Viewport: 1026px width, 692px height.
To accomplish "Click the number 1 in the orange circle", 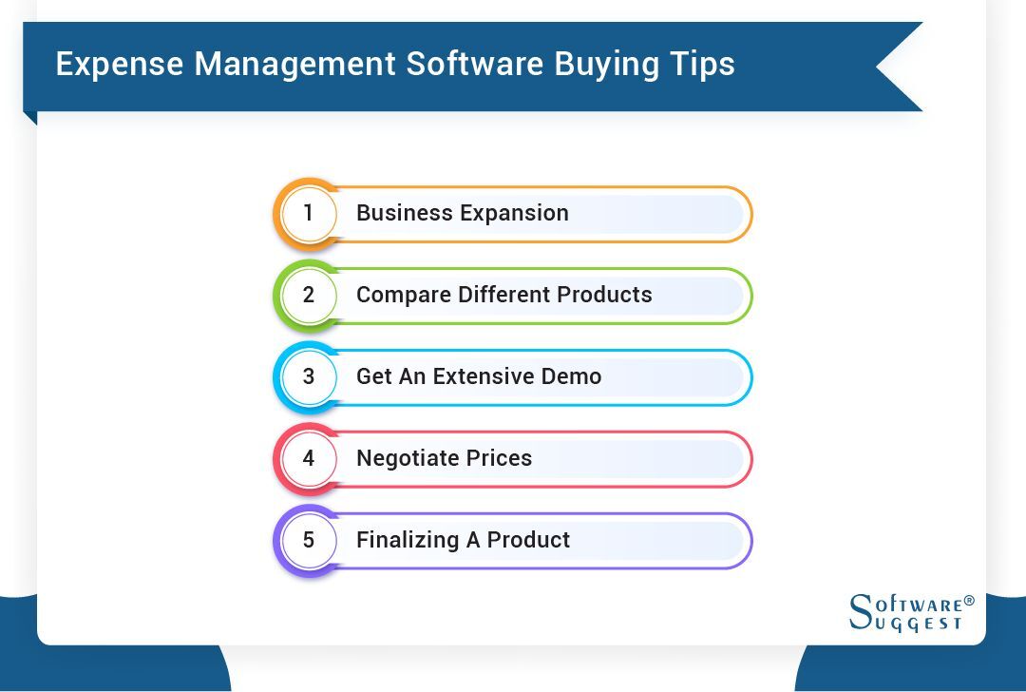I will pos(308,213).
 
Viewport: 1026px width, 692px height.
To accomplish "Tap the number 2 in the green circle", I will pos(308,295).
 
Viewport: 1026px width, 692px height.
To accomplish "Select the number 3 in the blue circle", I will pos(308,376).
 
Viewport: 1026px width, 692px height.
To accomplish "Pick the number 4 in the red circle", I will pos(308,458).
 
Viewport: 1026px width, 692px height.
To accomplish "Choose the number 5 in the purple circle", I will pos(308,540).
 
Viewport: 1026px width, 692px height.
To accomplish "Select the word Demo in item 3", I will pos(573,376).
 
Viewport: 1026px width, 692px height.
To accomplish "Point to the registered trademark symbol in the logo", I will pos(969,602).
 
